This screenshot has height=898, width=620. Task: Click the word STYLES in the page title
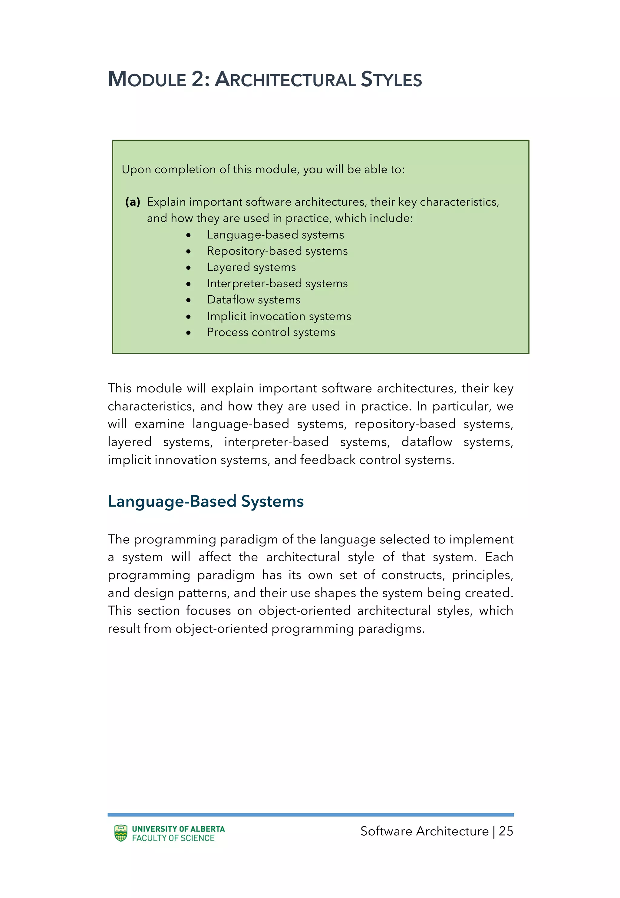391,79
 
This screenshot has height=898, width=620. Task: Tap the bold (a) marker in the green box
133,202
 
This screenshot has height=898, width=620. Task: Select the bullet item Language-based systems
275,235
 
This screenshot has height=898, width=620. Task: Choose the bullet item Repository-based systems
277,251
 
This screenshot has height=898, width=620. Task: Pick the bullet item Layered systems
251,267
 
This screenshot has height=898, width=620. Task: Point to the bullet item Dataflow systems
254,300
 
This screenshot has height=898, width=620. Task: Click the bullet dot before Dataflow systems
188,300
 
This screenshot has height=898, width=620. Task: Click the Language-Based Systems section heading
206,501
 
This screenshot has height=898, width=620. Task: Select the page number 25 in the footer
506,831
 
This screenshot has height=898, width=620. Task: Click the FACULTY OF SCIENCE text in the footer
173,838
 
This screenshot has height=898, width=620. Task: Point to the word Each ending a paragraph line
499,557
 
